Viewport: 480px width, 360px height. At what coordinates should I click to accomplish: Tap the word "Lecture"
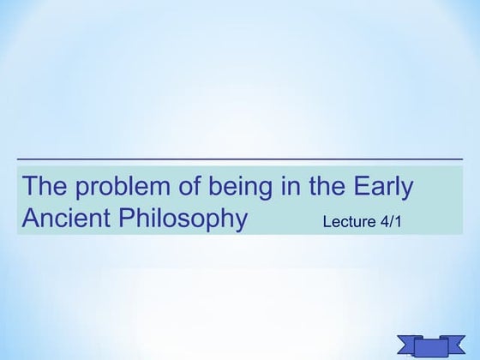pos(349,222)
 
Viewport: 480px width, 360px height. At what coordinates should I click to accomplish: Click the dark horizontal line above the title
pos(240,159)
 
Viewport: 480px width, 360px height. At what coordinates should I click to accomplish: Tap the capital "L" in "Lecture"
pos(327,222)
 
